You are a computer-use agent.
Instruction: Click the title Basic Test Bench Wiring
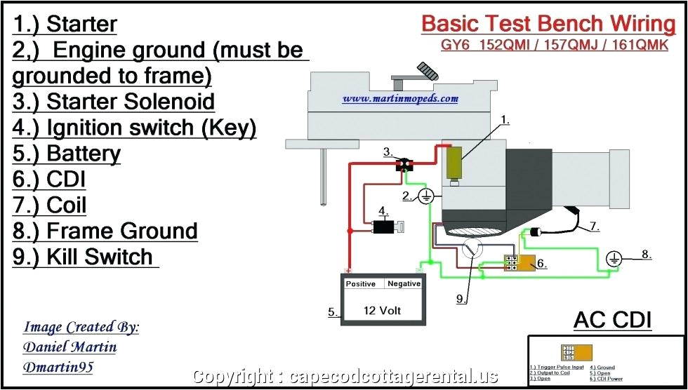[548, 23]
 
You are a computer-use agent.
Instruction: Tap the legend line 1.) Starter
[65, 25]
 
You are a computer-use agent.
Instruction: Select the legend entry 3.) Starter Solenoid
[114, 102]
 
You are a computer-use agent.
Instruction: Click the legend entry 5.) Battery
[67, 154]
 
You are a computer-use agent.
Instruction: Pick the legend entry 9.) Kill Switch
[83, 257]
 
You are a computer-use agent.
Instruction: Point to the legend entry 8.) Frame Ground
[105, 231]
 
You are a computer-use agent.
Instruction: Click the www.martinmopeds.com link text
[400, 99]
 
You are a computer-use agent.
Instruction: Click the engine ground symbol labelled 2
[425, 197]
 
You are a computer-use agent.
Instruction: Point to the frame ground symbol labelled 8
[614, 260]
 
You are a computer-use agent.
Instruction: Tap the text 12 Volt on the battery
[382, 309]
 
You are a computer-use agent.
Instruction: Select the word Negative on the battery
[404, 284]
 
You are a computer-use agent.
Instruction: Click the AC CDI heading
[612, 321]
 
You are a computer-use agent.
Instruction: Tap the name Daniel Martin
[70, 347]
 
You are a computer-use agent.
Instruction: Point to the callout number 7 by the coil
[593, 227]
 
